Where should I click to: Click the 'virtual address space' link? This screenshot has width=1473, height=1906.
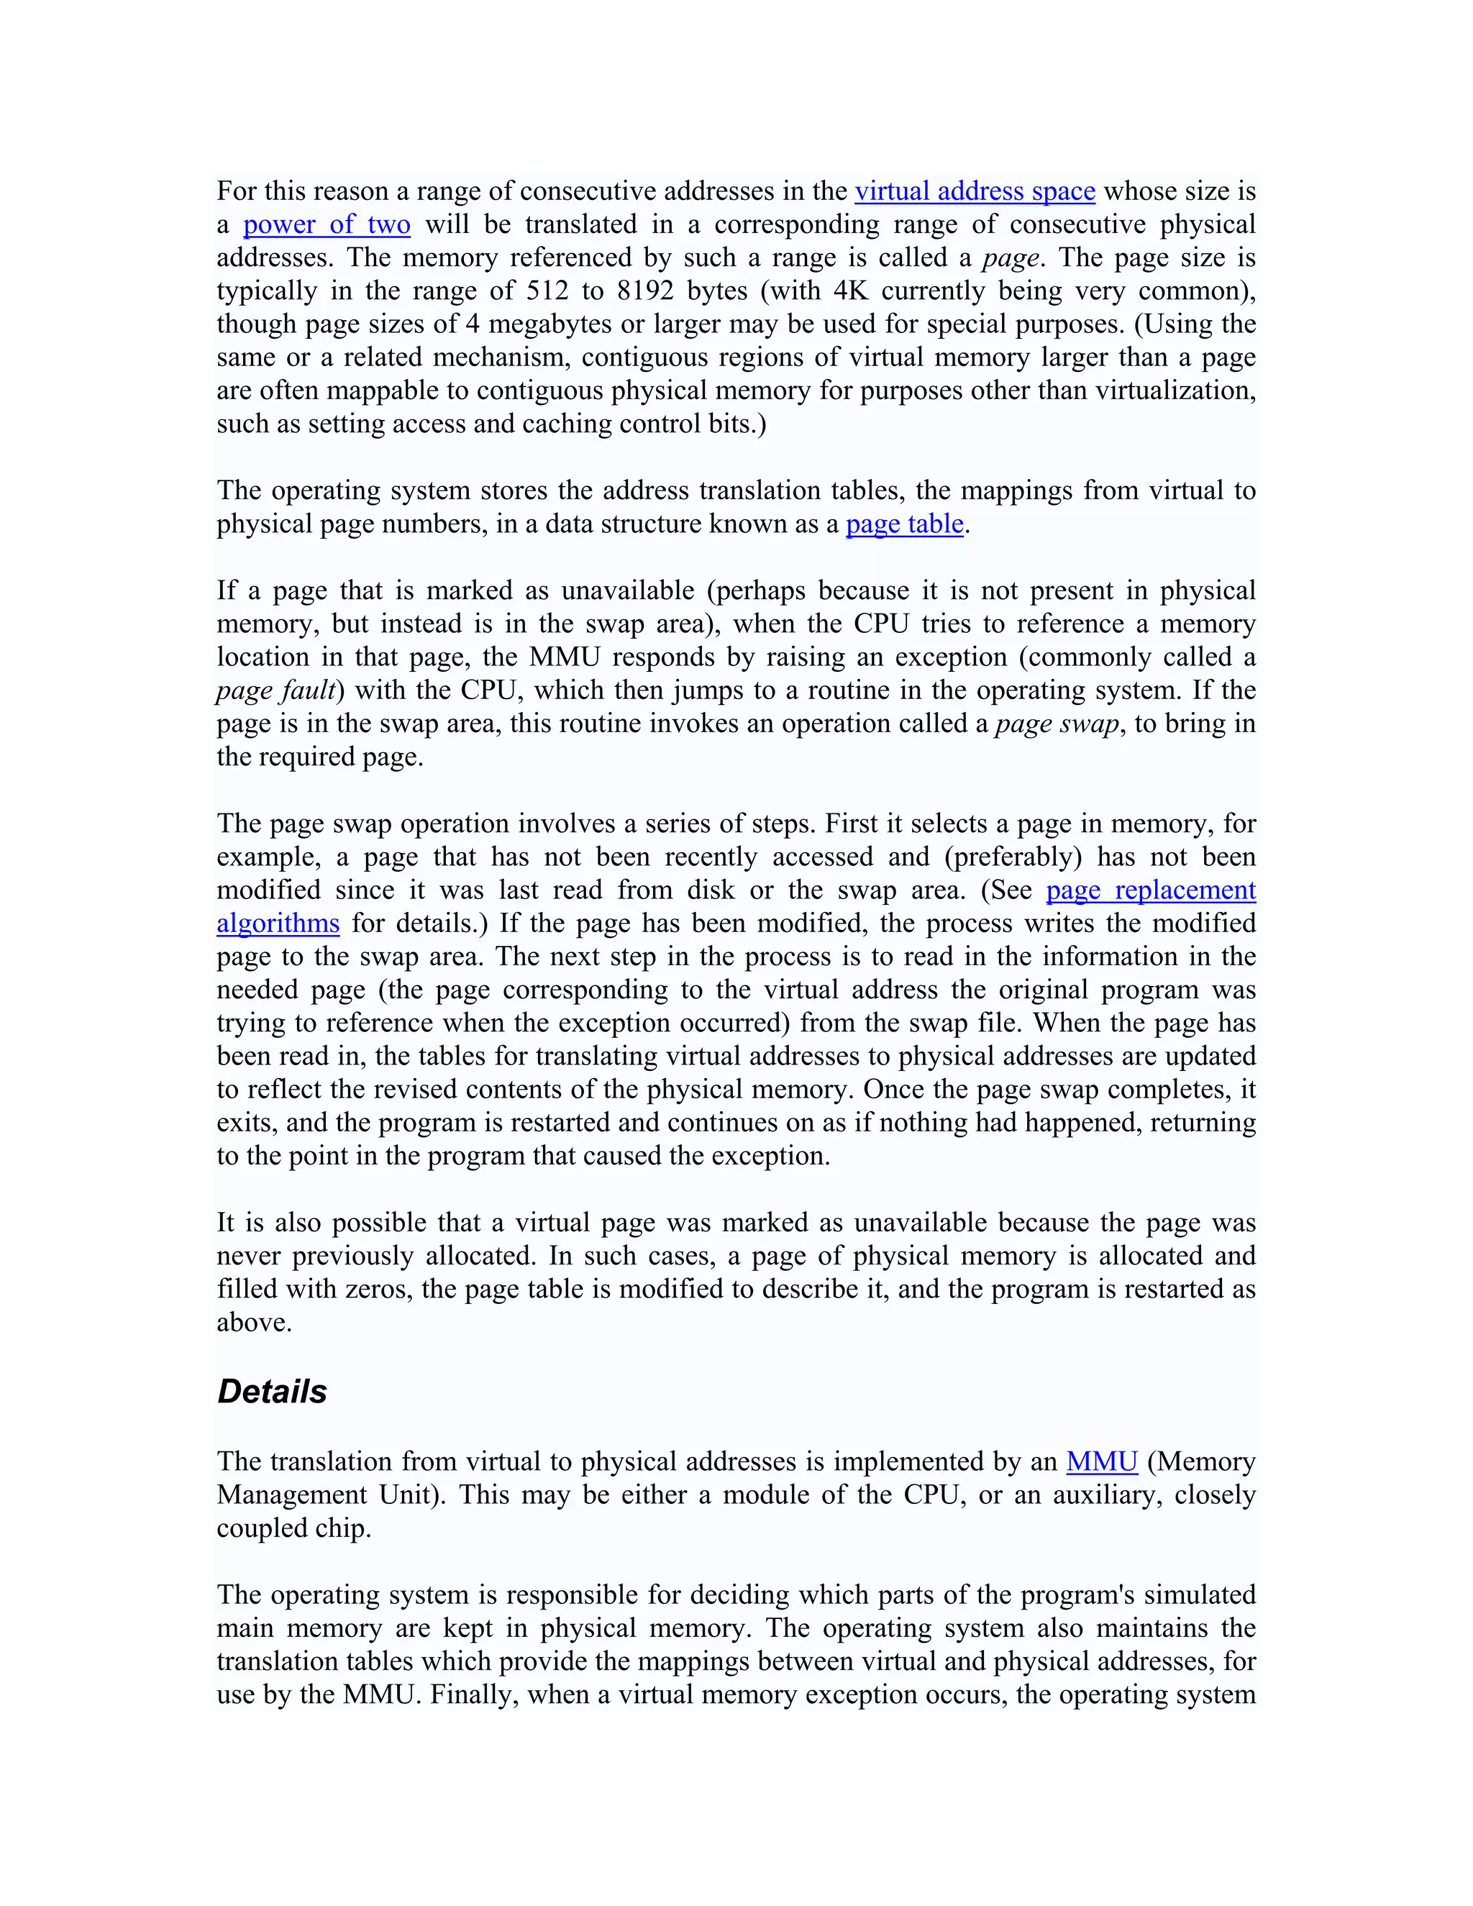[974, 191]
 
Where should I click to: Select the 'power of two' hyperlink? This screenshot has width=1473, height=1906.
[327, 224]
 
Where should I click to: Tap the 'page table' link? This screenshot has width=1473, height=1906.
[904, 524]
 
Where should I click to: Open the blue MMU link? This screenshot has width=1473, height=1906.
[1101, 1461]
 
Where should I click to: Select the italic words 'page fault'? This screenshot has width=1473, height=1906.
[275, 690]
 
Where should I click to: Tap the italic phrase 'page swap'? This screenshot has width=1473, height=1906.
[1057, 724]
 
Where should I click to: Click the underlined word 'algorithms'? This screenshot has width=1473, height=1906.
[278, 924]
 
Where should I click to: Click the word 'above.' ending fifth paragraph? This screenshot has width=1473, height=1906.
[254, 1322]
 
